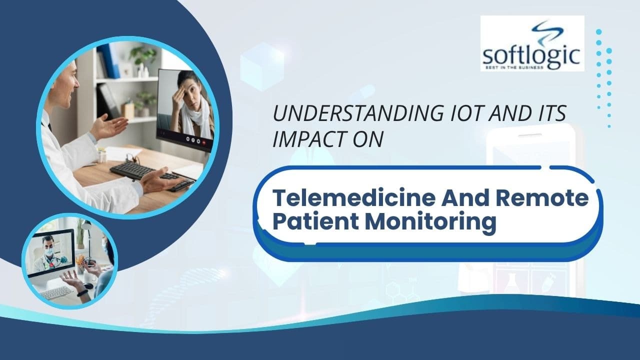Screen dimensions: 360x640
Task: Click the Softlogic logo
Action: pos(532,43)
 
